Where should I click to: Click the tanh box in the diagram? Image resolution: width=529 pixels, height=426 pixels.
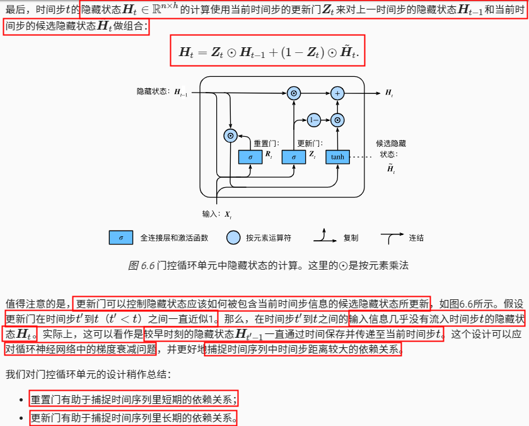337,156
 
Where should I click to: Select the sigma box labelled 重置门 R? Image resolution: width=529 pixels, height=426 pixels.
250,156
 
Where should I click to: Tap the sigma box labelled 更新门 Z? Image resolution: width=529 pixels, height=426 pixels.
294,156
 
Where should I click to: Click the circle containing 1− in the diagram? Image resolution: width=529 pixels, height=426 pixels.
314,119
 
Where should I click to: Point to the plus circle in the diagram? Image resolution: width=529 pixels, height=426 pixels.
337,93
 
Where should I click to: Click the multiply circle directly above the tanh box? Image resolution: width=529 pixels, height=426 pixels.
337,119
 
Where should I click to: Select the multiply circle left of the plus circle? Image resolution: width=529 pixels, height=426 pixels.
294,93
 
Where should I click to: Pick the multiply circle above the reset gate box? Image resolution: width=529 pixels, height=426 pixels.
231,135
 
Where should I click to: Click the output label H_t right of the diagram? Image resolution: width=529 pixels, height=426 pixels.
389,93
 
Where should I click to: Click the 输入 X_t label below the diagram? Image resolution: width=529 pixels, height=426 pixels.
217,214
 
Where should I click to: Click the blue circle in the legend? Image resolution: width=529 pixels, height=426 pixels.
234,238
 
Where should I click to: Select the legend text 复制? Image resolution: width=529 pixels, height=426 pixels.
351,238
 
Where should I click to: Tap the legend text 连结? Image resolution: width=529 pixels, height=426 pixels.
416,238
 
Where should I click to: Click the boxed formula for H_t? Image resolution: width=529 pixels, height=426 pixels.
267,52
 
